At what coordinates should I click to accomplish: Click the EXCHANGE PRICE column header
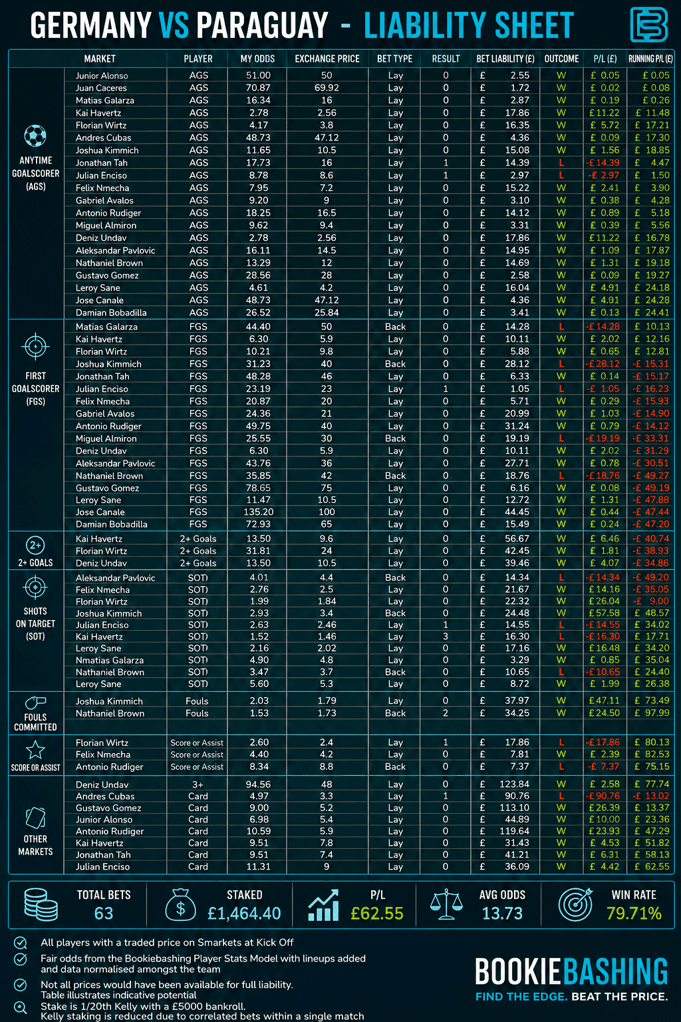[327, 59]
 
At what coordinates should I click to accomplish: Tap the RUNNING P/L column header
[650, 59]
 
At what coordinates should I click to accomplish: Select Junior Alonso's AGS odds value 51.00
[258, 75]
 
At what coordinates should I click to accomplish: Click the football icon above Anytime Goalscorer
[35, 136]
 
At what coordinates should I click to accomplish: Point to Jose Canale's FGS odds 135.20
[258, 512]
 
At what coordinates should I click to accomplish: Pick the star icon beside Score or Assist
[35, 750]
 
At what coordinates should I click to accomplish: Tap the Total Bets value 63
[104, 914]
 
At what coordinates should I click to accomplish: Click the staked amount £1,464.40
[244, 914]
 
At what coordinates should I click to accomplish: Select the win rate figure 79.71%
[634, 914]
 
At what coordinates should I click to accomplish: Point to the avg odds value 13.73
[502, 914]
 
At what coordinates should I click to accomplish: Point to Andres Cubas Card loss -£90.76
[603, 796]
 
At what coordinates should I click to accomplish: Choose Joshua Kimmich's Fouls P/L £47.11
[605, 701]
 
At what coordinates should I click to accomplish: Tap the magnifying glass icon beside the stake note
[21, 1007]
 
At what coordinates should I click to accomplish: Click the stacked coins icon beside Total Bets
[41, 905]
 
